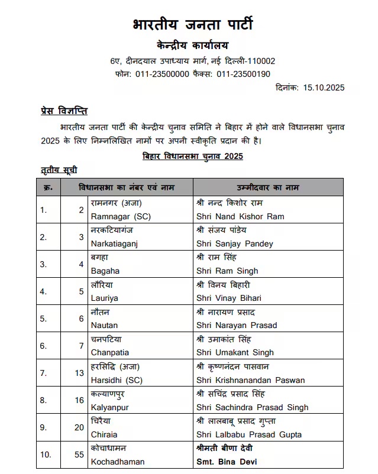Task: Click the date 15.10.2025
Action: click(324, 87)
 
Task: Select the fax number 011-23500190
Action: click(243, 74)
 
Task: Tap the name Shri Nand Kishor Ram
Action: click(240, 216)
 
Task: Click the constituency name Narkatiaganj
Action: click(114, 244)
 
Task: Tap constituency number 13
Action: click(80, 374)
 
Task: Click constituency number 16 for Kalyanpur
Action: click(80, 401)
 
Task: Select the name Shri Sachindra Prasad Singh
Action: click(252, 407)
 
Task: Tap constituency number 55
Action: click(80, 455)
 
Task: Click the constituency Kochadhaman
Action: click(118, 461)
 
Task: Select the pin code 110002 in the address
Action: click(261, 61)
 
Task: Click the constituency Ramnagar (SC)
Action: click(121, 216)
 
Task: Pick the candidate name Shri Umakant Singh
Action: click(235, 352)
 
